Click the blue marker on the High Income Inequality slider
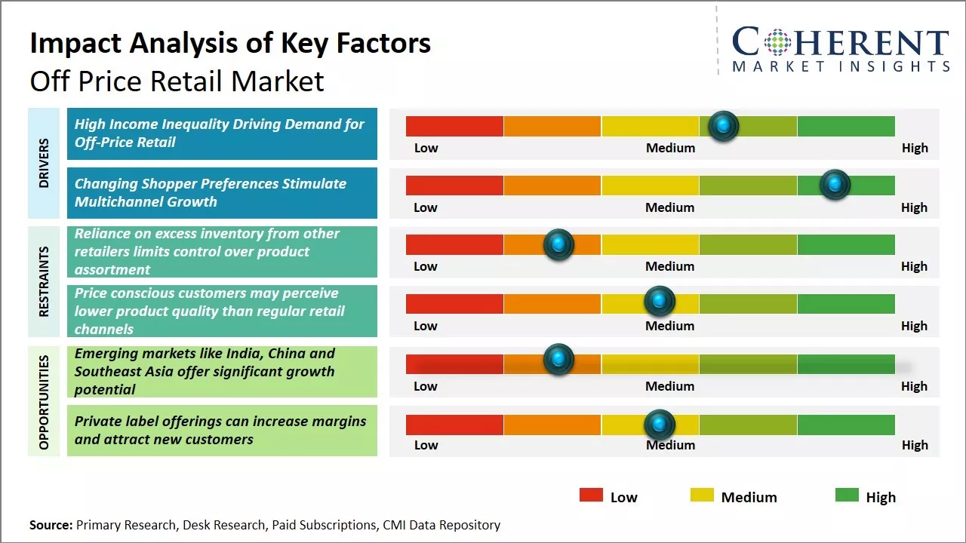[x=724, y=126]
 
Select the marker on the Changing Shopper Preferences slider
[x=835, y=185]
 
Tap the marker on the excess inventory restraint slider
[x=558, y=244]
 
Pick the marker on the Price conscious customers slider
[x=660, y=302]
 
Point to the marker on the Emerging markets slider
[x=558, y=359]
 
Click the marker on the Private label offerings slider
[x=660, y=425]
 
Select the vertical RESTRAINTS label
[x=44, y=281]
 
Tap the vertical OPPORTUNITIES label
[x=44, y=401]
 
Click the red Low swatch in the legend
[x=591, y=495]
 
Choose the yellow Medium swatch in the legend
[x=702, y=495]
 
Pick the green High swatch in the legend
[x=847, y=495]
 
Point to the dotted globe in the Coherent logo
[x=777, y=42]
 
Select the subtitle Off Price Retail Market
[x=177, y=81]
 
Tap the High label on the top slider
[x=915, y=148]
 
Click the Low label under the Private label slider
[x=426, y=445]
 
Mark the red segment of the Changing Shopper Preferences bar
[x=454, y=186]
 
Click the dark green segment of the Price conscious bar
[x=845, y=304]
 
